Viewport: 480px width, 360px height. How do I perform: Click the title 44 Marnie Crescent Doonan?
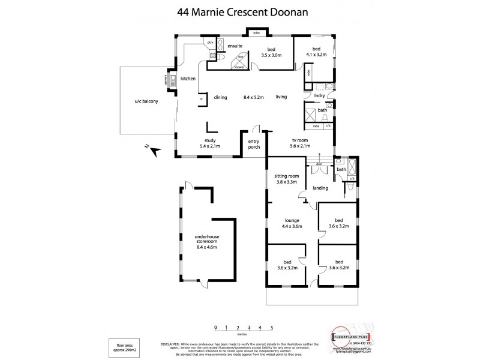pos(240,11)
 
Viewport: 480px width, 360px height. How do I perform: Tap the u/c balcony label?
pos(146,101)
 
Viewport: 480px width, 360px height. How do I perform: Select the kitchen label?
pos(188,79)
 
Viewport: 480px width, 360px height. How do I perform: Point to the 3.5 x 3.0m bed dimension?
pos(271,56)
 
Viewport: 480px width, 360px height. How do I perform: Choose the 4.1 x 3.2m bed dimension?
pos(316,55)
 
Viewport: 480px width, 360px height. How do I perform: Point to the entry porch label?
pos(254,145)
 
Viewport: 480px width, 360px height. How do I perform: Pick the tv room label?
pos(300,137)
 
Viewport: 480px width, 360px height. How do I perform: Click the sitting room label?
pos(287,176)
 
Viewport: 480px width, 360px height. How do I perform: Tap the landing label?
pos(320,188)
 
